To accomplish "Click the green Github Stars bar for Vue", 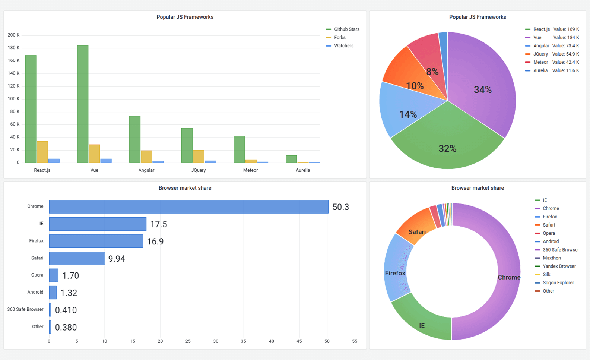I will pos(83,104).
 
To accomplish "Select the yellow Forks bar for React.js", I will pos(42,152).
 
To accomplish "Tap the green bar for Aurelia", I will pos(291,159).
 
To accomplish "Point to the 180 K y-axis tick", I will pos(13,48).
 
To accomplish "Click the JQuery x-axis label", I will pos(198,170).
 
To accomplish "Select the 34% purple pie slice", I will pos(482,89).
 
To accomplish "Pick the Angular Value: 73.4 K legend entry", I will pos(552,46).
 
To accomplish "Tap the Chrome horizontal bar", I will pos(188,207).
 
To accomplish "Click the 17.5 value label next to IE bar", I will pos(159,224).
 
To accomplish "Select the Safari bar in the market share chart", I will pos(77,258).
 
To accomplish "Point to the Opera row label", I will pos(37,275).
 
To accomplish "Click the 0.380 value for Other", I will pos(66,327).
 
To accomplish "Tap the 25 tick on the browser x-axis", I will pos(188,341).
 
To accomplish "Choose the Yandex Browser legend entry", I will pos(559,266).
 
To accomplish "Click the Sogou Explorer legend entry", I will pos(558,283).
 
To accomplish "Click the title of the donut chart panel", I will pos(478,188).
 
